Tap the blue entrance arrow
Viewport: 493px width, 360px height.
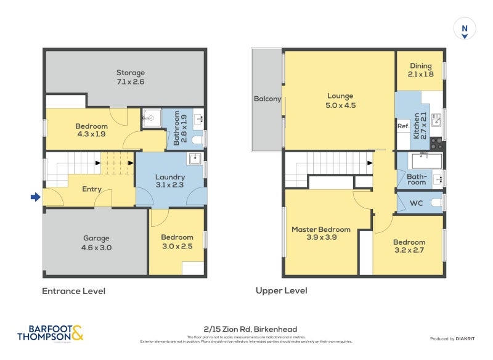coord(36,197)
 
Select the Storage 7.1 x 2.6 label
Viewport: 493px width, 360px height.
coord(130,77)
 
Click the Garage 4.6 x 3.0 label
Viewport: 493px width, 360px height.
coord(97,243)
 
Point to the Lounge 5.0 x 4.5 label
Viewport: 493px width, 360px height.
coord(340,100)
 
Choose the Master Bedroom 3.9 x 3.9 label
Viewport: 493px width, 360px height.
coord(320,234)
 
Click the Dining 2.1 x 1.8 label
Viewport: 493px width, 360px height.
coord(420,70)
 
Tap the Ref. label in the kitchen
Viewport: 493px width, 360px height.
coord(403,126)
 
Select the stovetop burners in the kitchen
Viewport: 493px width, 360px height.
coord(436,144)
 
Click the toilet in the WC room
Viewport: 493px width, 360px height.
coord(436,202)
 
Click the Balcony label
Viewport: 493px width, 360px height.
coord(267,99)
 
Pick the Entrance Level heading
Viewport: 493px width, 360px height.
coord(73,291)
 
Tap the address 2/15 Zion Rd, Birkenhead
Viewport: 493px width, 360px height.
coord(246,329)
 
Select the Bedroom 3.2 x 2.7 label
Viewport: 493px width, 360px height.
coord(409,247)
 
